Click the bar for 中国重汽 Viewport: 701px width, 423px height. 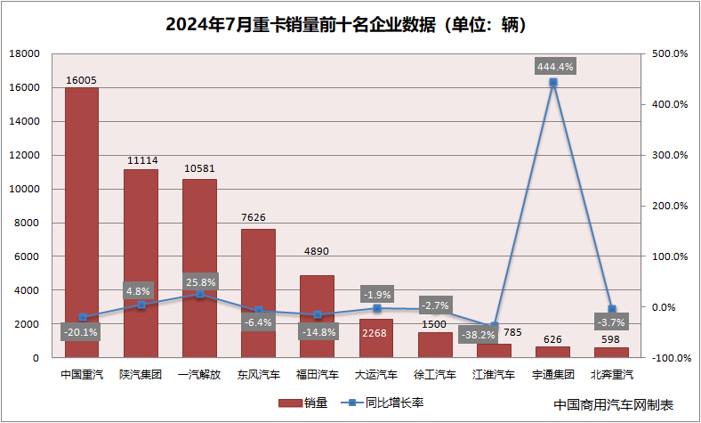(81, 223)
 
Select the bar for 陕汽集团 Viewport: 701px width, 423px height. (140, 264)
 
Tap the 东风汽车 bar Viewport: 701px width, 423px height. (258, 293)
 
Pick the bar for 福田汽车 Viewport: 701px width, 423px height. (317, 316)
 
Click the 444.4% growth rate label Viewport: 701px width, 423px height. (553, 66)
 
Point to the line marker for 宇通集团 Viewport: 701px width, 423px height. (553, 82)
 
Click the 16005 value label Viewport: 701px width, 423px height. (81, 80)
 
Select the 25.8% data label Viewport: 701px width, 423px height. (199, 281)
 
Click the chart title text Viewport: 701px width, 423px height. (350, 22)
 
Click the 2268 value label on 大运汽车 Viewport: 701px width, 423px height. (376, 335)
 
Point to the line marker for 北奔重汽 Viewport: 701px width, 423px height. (612, 309)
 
